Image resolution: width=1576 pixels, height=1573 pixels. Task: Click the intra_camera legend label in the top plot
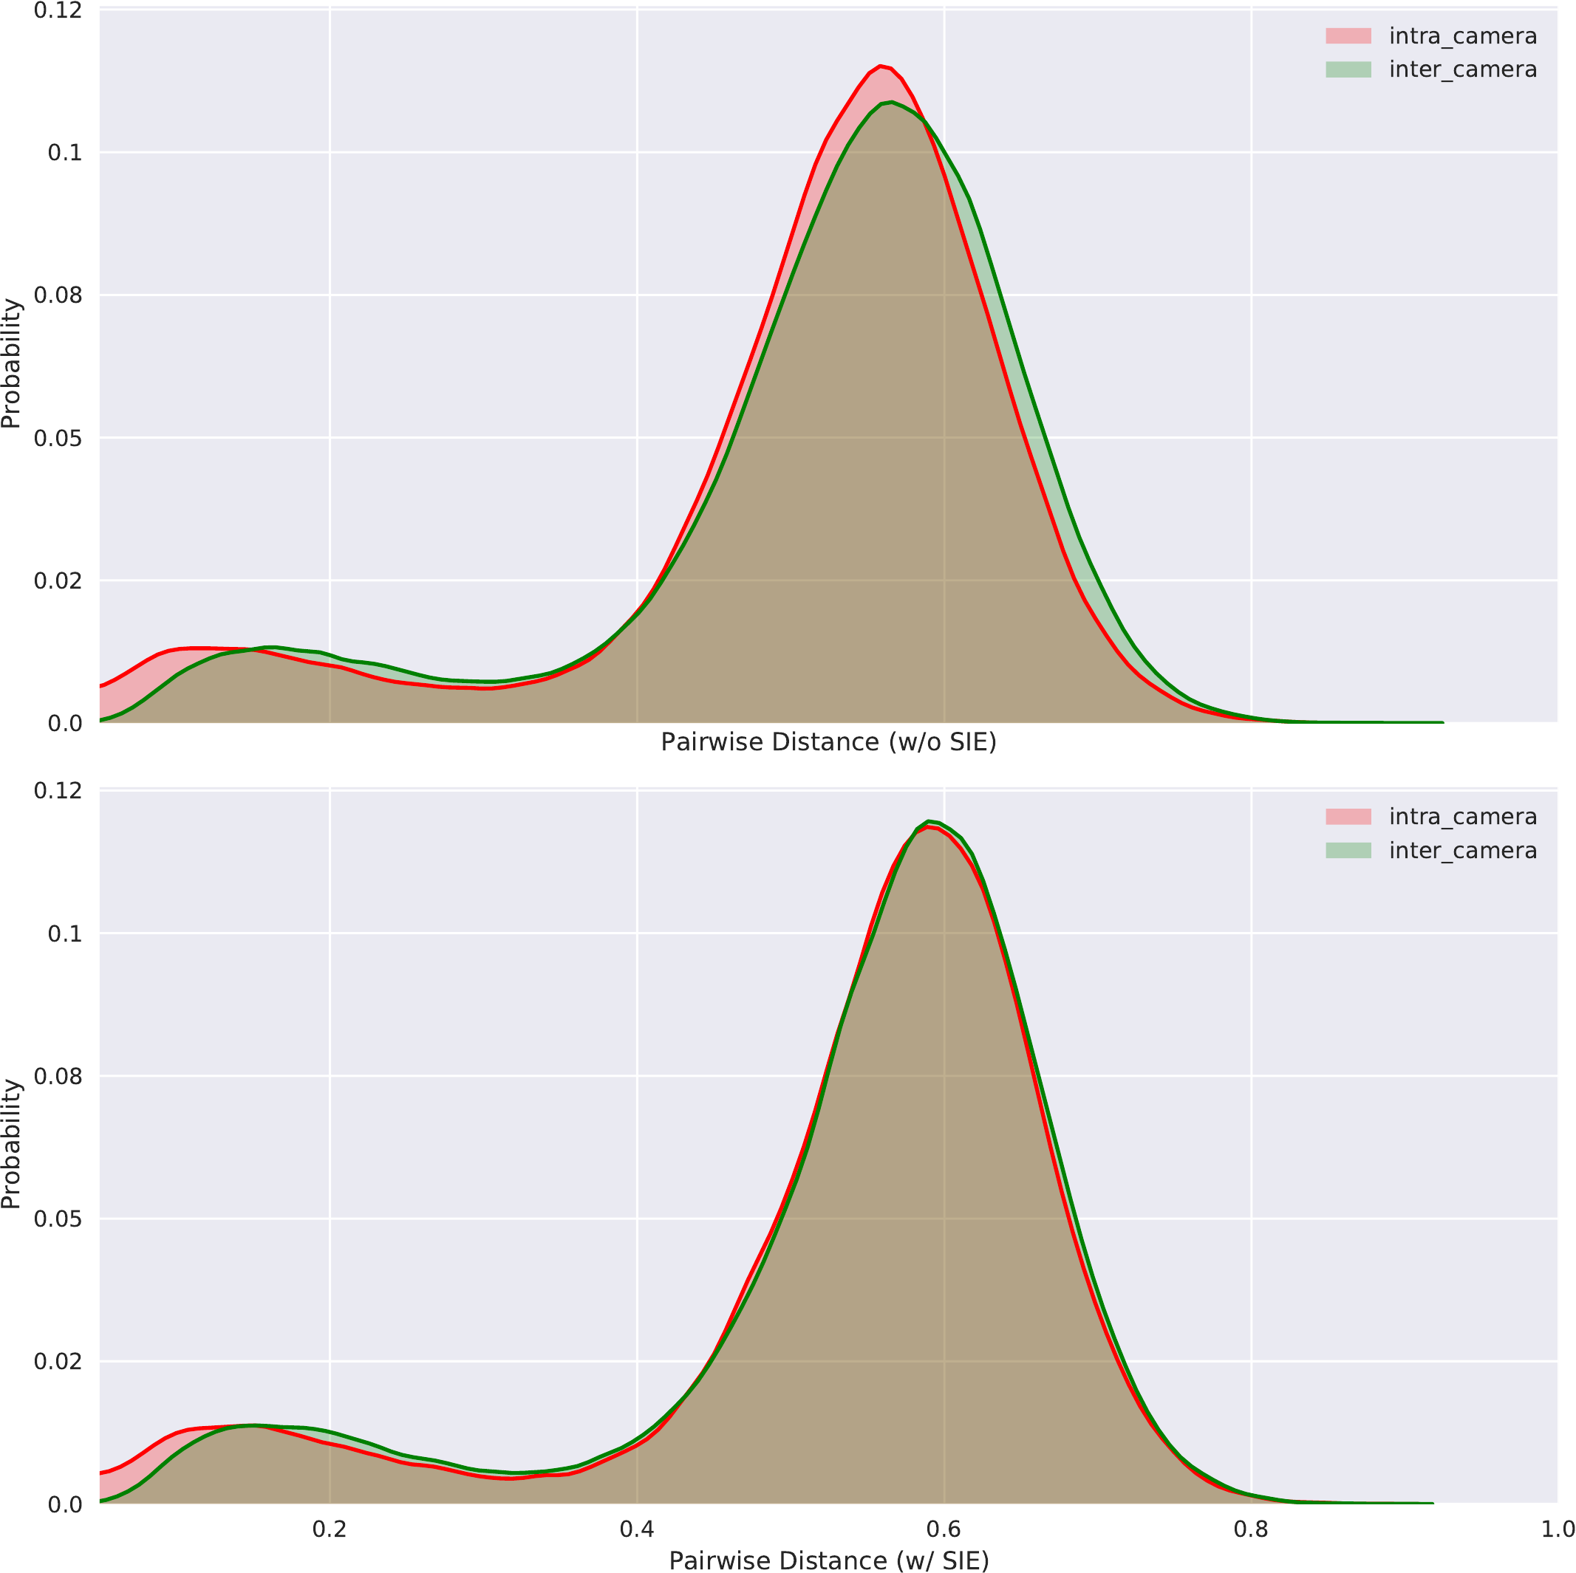click(x=1463, y=36)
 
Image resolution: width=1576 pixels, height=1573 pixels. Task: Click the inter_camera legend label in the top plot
click(x=1463, y=69)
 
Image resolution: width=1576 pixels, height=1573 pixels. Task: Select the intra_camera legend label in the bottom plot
click(x=1463, y=817)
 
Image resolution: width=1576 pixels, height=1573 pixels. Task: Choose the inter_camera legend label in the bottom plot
click(x=1463, y=851)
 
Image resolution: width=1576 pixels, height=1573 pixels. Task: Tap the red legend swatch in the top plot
click(x=1348, y=36)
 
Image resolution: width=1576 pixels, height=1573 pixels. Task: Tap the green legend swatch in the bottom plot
click(x=1348, y=851)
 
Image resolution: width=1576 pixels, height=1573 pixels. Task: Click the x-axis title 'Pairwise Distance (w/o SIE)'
click(x=828, y=743)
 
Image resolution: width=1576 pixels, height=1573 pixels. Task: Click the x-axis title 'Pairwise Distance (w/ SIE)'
click(x=828, y=1560)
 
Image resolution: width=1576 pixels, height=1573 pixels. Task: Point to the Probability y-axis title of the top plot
click(x=11, y=363)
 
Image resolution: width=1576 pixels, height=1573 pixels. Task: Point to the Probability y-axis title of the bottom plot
click(x=11, y=1145)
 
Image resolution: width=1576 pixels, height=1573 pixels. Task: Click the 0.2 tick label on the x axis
click(x=330, y=1529)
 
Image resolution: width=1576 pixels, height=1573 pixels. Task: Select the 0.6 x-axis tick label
click(x=944, y=1529)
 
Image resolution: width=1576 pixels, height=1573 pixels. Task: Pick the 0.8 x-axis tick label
click(x=1250, y=1529)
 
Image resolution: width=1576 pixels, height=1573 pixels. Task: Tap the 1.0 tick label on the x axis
click(x=1558, y=1529)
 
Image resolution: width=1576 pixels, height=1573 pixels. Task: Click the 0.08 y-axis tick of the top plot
click(x=58, y=295)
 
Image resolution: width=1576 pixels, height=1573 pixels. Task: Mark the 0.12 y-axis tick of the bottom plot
click(x=58, y=790)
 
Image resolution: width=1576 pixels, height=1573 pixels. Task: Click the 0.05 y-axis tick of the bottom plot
click(x=58, y=1219)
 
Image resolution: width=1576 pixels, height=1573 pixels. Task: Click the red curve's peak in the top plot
click(x=880, y=65)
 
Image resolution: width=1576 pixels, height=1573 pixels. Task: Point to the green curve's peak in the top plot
click(x=892, y=102)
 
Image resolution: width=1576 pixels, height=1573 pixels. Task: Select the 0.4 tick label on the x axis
click(x=636, y=1529)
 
